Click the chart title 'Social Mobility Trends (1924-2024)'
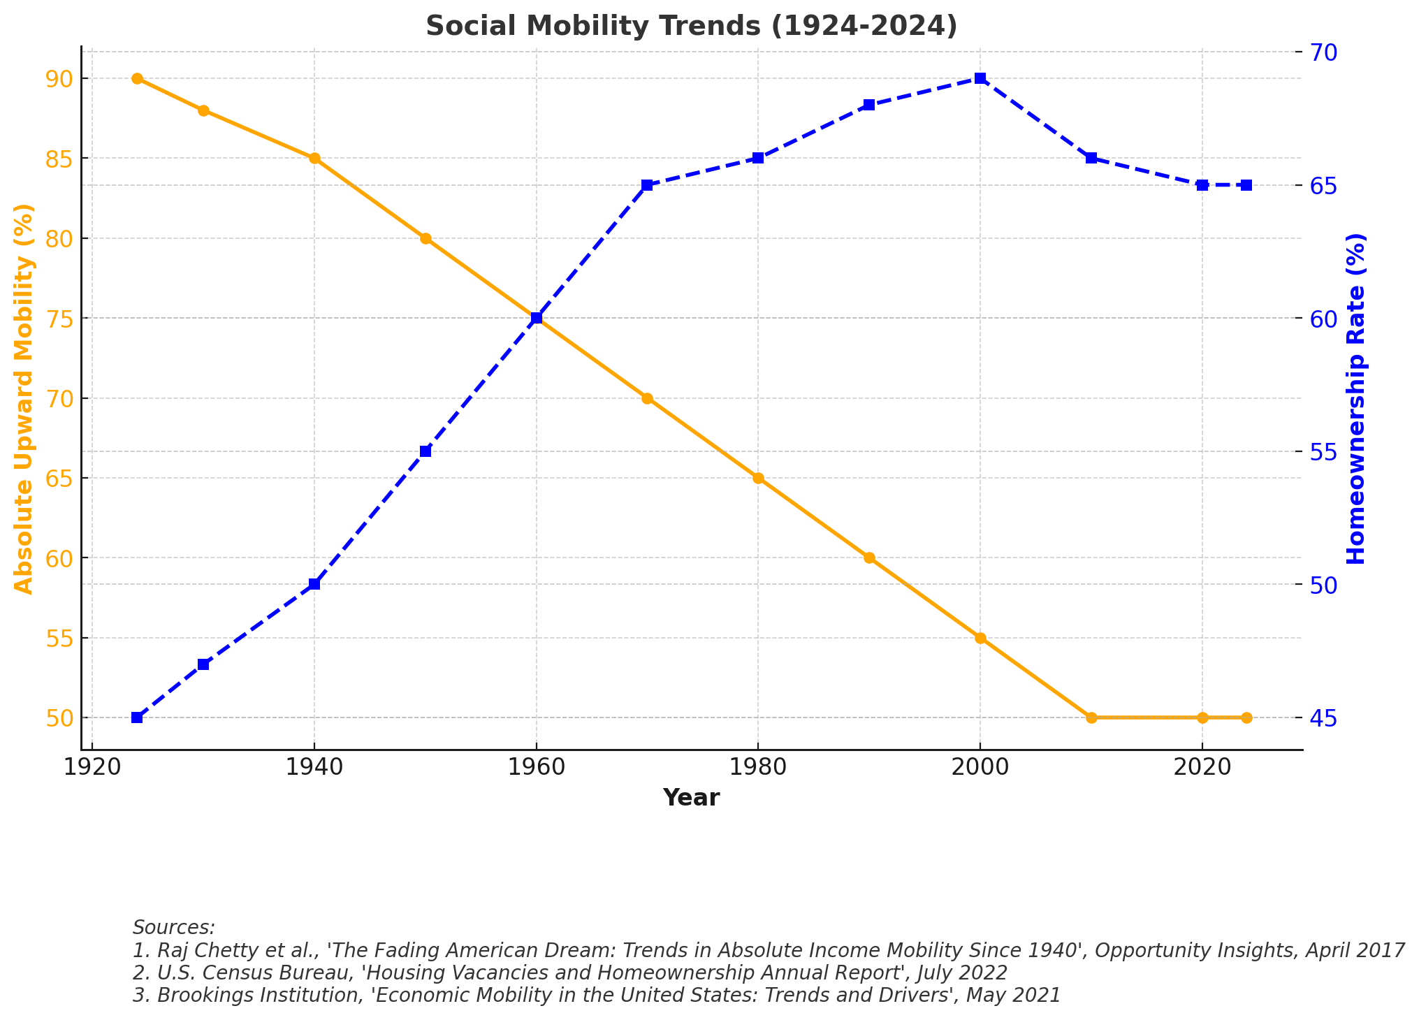[x=691, y=26]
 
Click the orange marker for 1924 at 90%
[x=137, y=78]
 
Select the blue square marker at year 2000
[x=980, y=78]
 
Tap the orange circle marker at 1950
[x=425, y=238]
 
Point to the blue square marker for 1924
[x=137, y=717]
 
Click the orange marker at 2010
[x=1091, y=717]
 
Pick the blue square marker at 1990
[x=869, y=105]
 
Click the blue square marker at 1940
[x=314, y=584]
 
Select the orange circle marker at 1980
[x=758, y=478]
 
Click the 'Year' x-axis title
[x=691, y=798]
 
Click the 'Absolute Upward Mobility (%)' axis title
[x=24, y=398]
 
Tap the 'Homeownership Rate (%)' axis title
[x=1356, y=398]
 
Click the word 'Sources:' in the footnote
[x=174, y=928]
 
